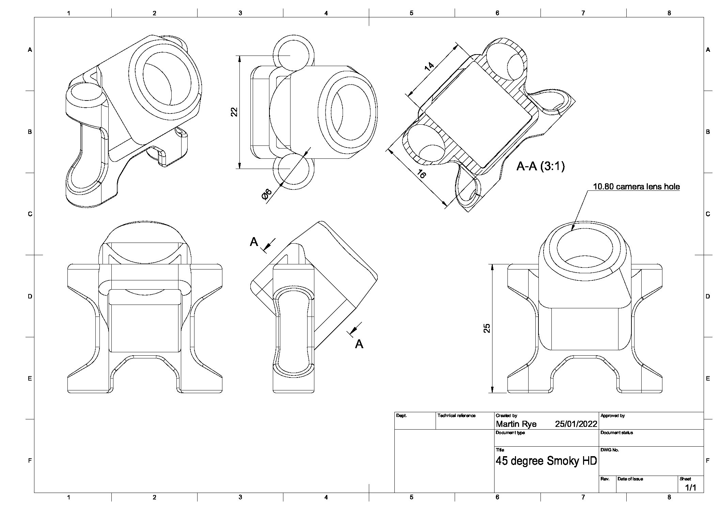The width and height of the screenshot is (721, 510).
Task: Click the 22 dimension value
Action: [x=234, y=112]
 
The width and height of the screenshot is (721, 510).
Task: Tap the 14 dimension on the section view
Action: [x=429, y=65]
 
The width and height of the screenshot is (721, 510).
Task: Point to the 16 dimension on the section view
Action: [x=421, y=174]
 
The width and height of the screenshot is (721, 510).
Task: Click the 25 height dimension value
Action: [x=487, y=328]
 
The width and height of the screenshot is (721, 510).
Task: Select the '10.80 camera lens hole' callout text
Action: [x=636, y=187]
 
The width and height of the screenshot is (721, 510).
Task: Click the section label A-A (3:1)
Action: [x=540, y=166]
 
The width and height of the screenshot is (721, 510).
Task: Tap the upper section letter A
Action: [x=254, y=242]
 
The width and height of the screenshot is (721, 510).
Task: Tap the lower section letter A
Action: [x=359, y=344]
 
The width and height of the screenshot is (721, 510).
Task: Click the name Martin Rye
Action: [x=516, y=424]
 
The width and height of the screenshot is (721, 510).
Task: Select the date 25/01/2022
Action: [x=576, y=424]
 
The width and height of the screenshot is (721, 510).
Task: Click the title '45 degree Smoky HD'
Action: [x=546, y=461]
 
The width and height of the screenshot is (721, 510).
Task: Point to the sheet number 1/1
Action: [x=691, y=488]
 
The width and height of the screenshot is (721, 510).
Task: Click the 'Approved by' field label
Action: [x=612, y=416]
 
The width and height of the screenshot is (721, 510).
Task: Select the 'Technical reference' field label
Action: [x=456, y=416]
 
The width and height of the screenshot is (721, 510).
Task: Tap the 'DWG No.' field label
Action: [x=610, y=450]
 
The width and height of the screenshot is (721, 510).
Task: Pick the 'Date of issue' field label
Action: [x=630, y=479]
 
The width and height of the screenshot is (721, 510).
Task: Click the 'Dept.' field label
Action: [x=402, y=416]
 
